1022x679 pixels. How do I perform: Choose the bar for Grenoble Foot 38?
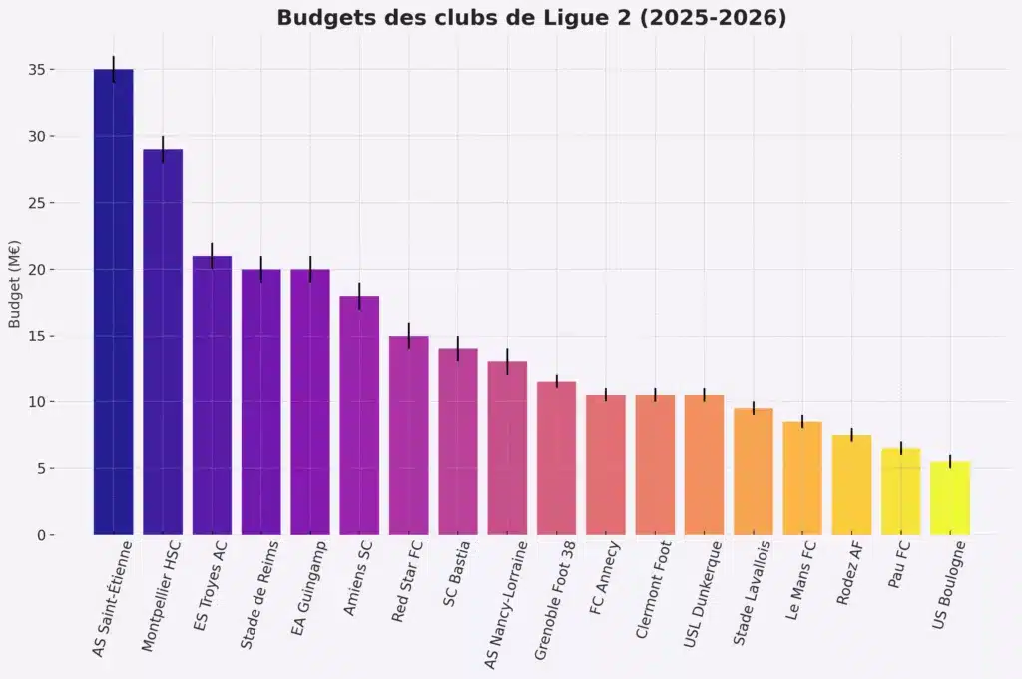(x=557, y=458)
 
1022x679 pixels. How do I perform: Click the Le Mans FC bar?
(x=802, y=478)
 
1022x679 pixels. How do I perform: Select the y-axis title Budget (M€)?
(x=15, y=284)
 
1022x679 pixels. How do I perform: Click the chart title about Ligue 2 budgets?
(x=531, y=18)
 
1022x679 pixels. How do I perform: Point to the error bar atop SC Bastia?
(x=458, y=348)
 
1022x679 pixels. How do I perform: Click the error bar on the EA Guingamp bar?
(x=310, y=269)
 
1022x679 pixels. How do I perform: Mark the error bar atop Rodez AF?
(x=851, y=434)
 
